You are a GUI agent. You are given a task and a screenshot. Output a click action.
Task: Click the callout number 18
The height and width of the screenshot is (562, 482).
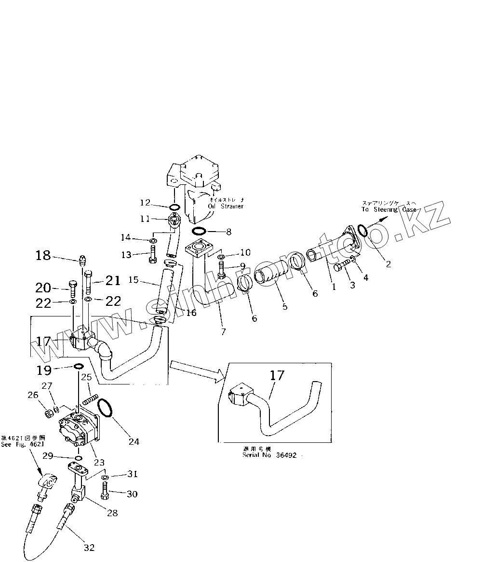43,255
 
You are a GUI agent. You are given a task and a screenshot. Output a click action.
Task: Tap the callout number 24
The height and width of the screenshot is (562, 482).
134,441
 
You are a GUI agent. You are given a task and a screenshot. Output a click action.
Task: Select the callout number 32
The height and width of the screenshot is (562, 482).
89,547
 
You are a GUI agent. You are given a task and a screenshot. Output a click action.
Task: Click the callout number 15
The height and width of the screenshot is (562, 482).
134,279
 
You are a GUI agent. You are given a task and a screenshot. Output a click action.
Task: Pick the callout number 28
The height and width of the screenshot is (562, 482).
112,513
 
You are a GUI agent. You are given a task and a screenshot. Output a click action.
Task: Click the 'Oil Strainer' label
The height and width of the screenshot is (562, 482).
226,206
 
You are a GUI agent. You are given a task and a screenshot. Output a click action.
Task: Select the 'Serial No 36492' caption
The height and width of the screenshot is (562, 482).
273,455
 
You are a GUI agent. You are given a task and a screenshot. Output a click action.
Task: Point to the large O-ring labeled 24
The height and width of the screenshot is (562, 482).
105,408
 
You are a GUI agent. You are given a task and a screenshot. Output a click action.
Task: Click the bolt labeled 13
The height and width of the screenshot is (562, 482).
153,254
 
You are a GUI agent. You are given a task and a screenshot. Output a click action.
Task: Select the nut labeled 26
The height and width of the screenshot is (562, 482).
49,413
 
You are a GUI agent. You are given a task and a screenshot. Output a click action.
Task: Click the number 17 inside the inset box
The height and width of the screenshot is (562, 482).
278,376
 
